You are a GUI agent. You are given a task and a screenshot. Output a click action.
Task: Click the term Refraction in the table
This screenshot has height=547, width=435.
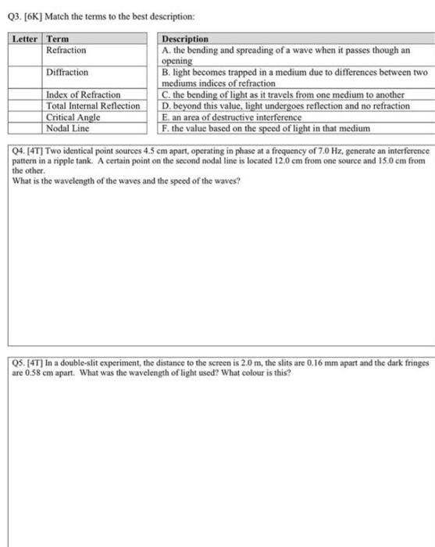click(66, 50)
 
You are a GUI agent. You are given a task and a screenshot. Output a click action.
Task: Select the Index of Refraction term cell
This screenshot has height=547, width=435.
click(84, 95)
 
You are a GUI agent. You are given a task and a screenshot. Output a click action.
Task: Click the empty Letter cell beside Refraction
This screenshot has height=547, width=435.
click(26, 55)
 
